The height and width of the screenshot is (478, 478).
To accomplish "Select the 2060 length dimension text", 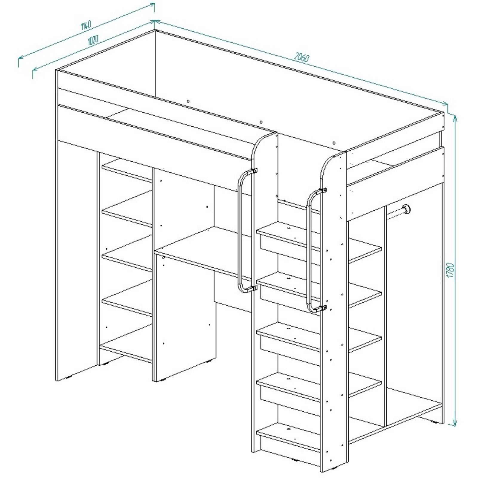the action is (301, 57).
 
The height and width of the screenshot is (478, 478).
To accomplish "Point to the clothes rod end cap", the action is (406, 209).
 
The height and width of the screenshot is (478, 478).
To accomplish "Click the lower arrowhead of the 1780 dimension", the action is (455, 422).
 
